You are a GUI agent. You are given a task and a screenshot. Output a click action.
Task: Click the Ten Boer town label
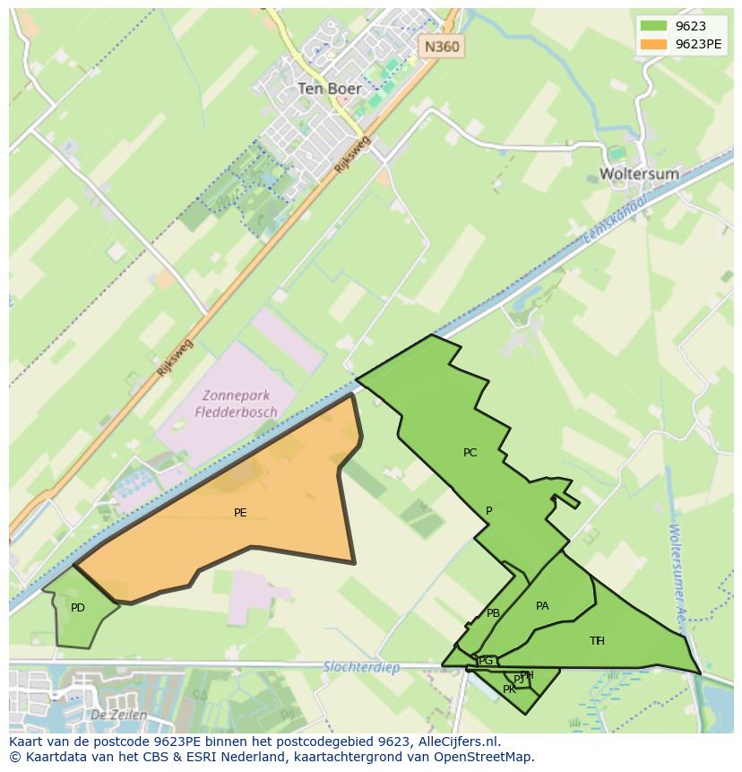(329, 89)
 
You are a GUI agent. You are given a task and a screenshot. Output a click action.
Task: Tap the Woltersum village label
(639, 173)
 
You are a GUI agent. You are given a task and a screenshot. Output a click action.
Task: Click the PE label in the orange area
(240, 513)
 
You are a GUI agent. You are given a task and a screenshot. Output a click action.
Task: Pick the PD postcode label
(78, 608)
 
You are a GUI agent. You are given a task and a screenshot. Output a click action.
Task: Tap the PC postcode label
(470, 453)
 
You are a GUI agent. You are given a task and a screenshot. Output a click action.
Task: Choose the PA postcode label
(542, 606)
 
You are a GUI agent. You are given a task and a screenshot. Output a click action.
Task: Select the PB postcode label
(493, 613)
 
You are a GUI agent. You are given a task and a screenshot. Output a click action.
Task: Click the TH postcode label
(597, 640)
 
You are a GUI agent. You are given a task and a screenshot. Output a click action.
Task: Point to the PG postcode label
(486, 662)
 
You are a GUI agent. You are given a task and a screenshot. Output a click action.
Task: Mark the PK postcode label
(509, 690)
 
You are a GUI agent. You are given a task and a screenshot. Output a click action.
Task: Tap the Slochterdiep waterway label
(358, 667)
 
